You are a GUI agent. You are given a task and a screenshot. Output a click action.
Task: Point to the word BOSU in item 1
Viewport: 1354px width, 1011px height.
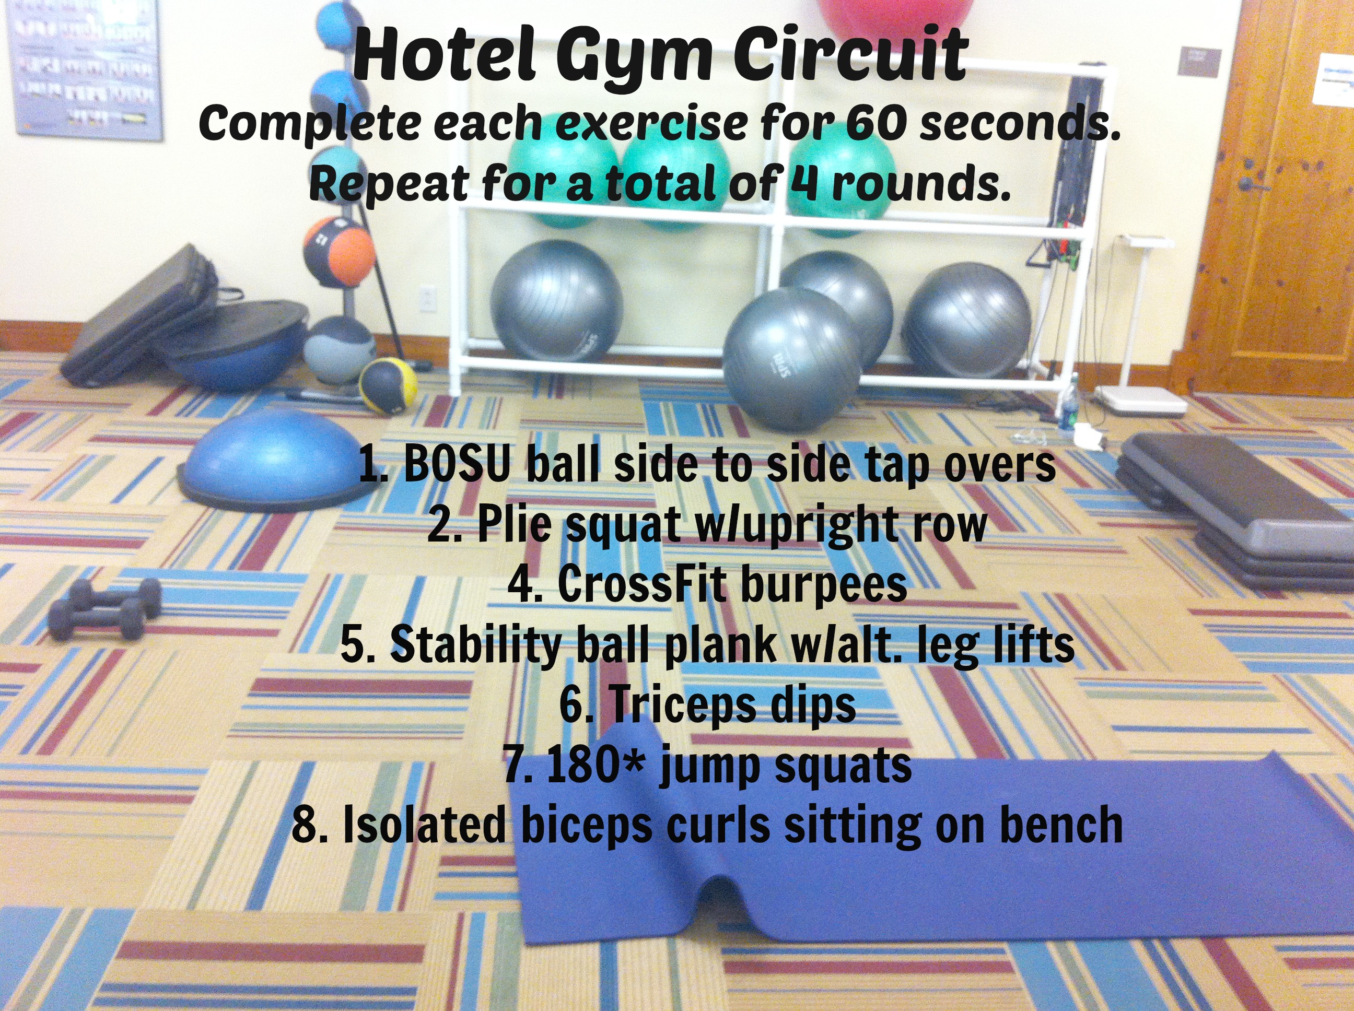456,465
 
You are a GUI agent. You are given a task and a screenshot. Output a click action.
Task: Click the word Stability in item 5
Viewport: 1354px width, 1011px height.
475,645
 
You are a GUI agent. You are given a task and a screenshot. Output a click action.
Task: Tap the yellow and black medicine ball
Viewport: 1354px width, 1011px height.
388,386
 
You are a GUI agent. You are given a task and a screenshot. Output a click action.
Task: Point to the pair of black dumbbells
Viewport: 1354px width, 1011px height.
104,609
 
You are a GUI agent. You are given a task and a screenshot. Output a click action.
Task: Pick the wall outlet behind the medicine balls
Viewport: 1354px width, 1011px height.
428,299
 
